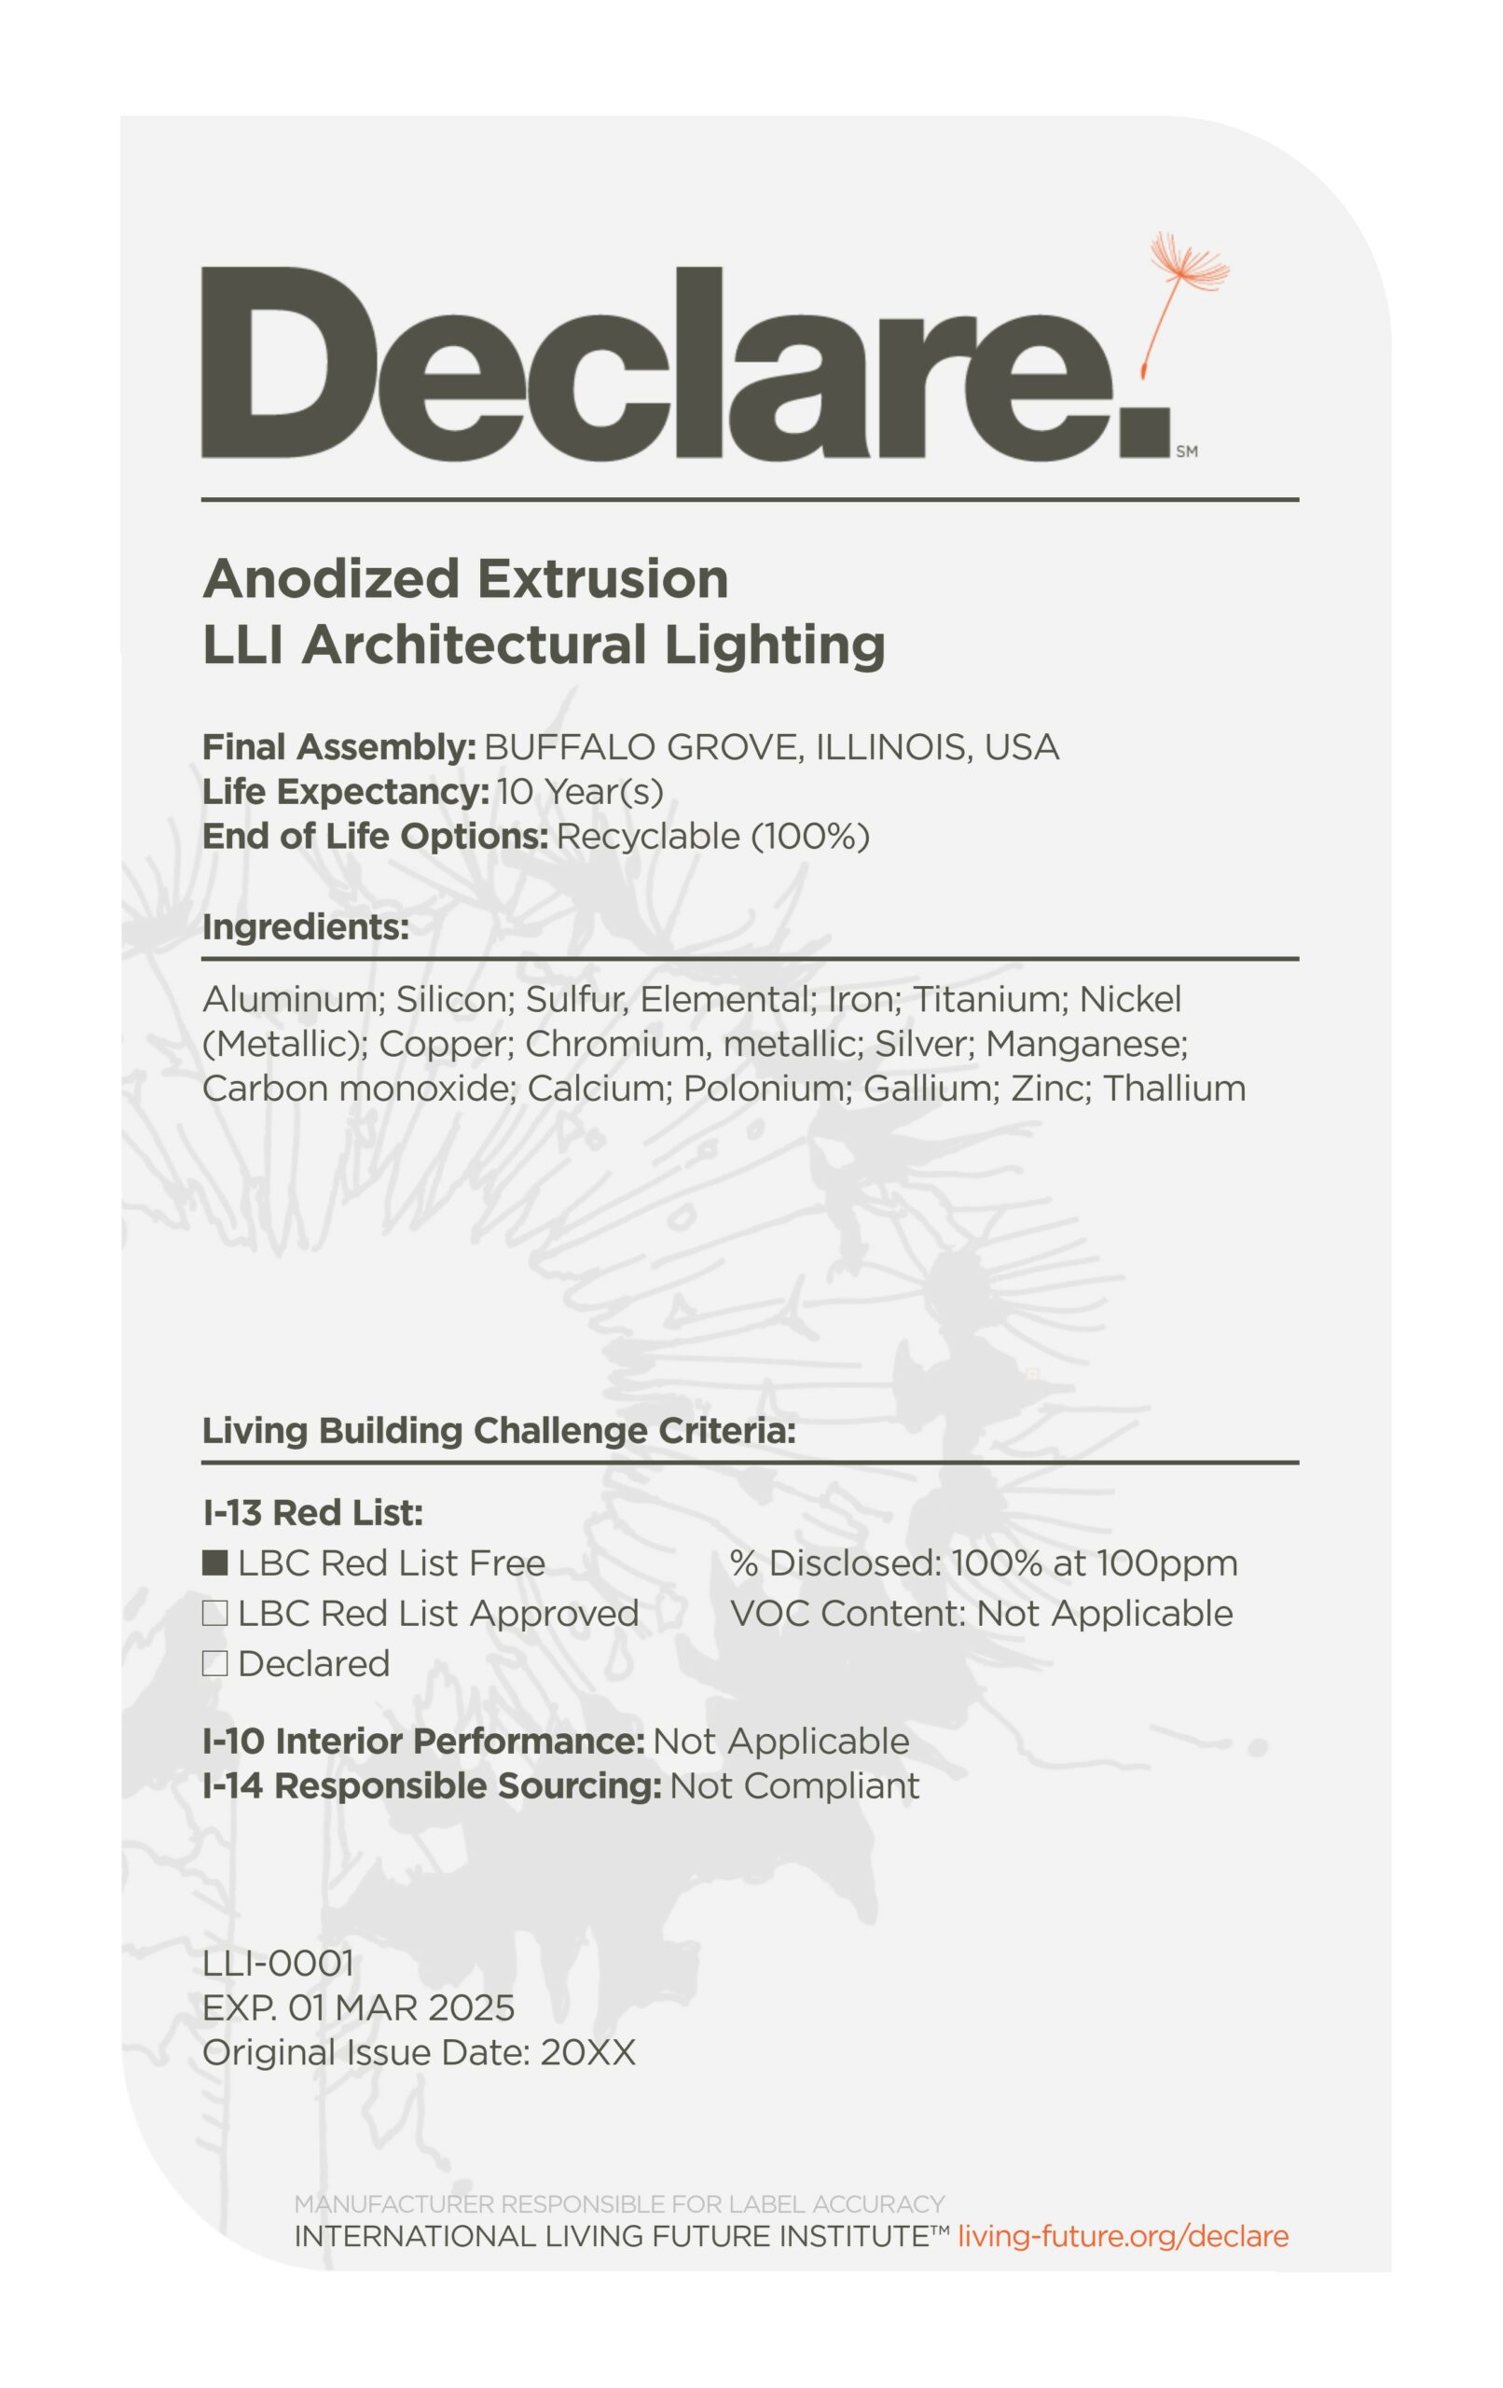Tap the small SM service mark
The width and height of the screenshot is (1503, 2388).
click(1187, 451)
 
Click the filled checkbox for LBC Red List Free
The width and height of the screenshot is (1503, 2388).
click(215, 1562)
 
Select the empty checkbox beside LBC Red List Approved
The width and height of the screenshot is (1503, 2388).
click(215, 1614)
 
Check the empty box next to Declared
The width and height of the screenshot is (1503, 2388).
click(215, 1663)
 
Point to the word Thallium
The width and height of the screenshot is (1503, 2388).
click(1174, 1089)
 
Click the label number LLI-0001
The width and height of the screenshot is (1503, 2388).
click(278, 1963)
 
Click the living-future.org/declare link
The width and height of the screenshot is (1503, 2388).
click(1124, 2236)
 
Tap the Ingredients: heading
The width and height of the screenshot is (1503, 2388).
click(306, 927)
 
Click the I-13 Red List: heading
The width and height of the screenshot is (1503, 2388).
click(312, 1513)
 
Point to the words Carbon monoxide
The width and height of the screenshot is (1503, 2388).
click(359, 1089)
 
